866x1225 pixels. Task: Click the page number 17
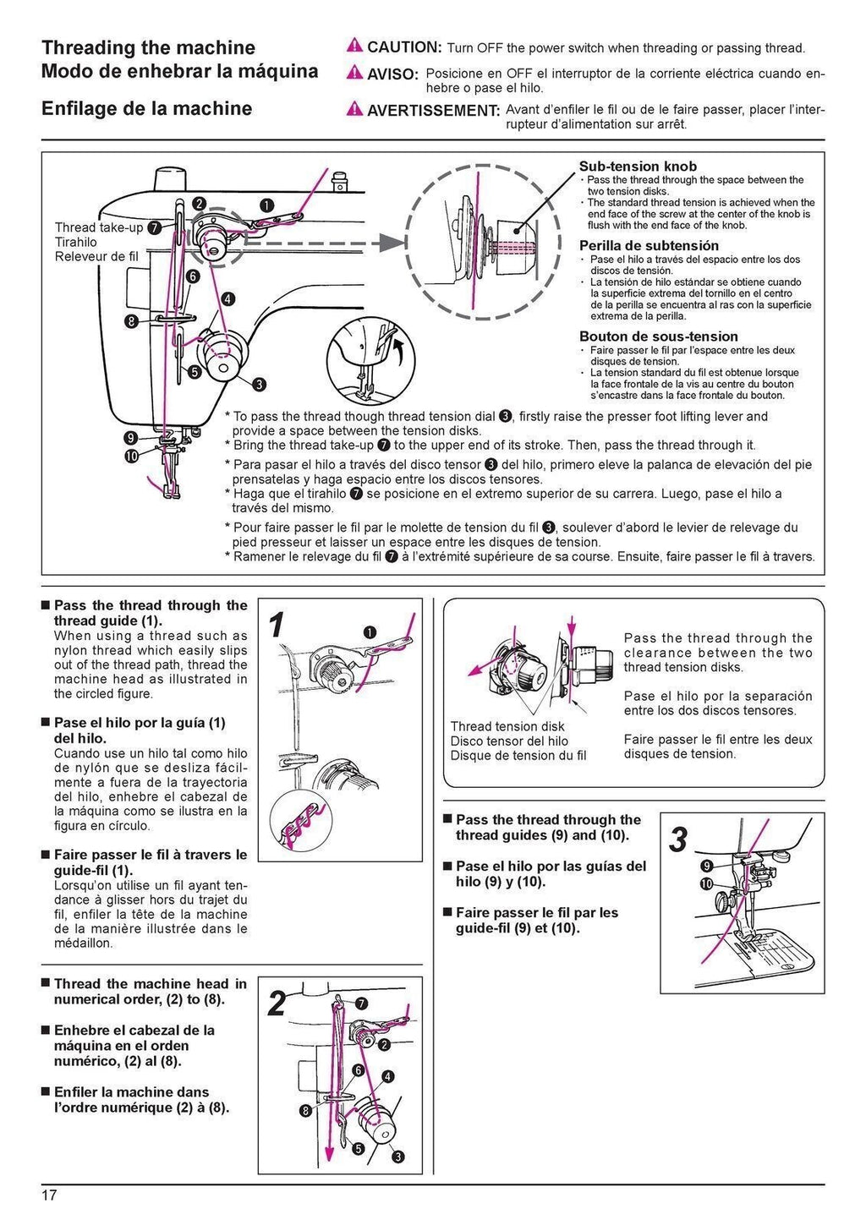(49, 1195)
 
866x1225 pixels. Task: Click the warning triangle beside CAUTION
(354, 47)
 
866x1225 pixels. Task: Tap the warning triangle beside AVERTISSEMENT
(354, 110)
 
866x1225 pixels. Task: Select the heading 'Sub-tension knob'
(638, 167)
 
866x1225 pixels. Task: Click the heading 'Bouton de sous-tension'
(658, 336)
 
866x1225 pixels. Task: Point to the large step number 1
(276, 626)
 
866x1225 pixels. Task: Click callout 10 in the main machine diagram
(131, 457)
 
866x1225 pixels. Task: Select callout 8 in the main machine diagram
(131, 320)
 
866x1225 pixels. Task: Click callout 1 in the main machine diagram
(266, 205)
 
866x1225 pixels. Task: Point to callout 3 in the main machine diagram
(259, 384)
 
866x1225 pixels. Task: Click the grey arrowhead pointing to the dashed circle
(388, 243)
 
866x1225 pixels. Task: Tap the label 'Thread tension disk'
(507, 726)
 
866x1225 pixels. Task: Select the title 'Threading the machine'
(149, 47)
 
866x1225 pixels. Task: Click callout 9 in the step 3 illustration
(706, 866)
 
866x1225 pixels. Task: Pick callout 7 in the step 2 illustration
(361, 1004)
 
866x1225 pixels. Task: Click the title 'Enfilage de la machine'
(146, 108)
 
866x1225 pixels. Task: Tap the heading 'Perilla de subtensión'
(649, 246)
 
